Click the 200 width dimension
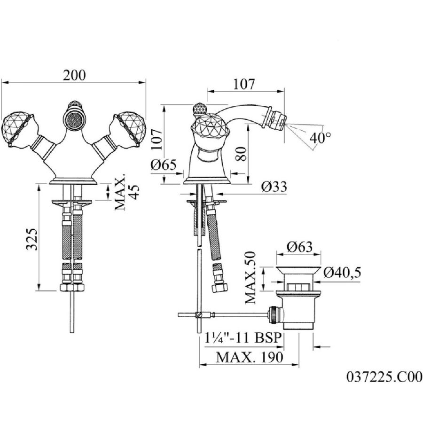point(74,76)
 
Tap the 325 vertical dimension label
point(32,239)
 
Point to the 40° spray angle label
point(320,138)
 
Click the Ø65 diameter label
point(164,164)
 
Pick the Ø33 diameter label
point(274,187)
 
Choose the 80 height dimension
point(241,154)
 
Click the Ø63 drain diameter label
point(299,247)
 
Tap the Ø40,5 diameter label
point(342,273)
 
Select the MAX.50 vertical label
point(251,277)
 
